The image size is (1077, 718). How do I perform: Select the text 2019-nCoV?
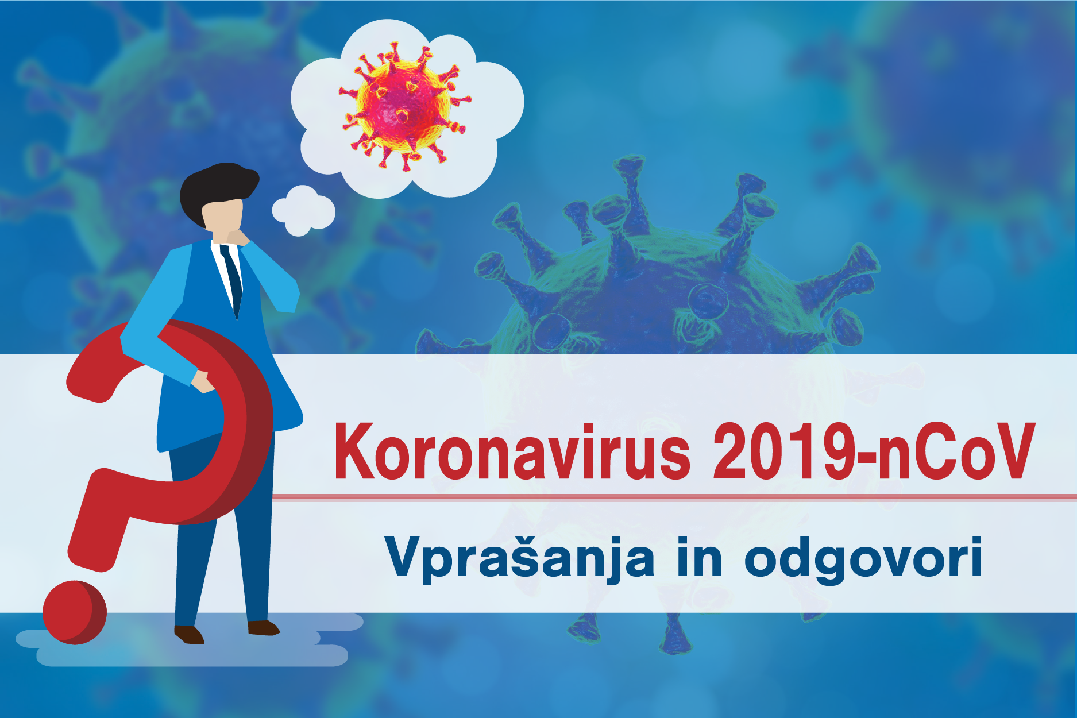tap(874, 451)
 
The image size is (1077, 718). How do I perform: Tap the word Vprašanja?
tap(520, 558)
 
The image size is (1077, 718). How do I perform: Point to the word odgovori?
tap(863, 557)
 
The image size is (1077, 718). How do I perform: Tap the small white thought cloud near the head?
tap(303, 210)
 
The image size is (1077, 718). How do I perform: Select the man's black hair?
tap(217, 190)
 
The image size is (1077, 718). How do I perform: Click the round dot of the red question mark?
tap(75, 612)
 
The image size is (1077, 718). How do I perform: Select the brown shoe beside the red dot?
tap(189, 634)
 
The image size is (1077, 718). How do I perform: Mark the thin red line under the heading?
tap(674, 497)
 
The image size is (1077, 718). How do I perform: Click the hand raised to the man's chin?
tap(237, 237)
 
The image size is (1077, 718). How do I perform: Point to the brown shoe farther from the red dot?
tap(263, 628)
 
